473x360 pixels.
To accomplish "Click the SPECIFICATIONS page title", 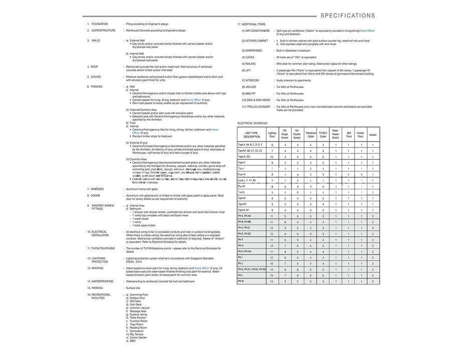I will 348,16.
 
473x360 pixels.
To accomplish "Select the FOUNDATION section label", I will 99,24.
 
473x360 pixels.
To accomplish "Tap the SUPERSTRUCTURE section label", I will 103,31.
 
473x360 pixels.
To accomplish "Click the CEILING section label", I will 96,77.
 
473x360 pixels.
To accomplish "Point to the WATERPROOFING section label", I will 102,282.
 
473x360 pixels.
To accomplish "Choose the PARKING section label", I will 96,288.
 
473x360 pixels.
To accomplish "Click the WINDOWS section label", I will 97,189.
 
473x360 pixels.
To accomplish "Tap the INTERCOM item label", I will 250,80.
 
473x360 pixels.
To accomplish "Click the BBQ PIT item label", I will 250,93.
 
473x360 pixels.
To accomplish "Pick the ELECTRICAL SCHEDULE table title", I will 253,123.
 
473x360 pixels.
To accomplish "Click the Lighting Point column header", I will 272,135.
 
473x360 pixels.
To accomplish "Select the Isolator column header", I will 373,135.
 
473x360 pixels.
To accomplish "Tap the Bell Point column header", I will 349,135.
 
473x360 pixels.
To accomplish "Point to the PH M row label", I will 241,281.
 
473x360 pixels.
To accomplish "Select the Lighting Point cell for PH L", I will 272,275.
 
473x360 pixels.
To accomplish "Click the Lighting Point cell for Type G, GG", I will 272,157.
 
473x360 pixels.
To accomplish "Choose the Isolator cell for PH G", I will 373,246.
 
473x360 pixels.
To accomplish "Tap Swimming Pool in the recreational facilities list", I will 139,295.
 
